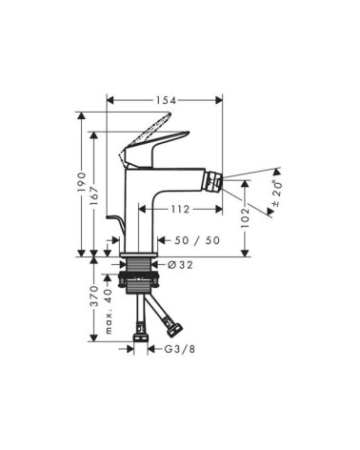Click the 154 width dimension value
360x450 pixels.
[x=166, y=100]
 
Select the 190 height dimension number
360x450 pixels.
[x=82, y=182]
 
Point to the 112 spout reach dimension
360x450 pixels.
[x=180, y=209]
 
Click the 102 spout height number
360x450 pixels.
[x=245, y=217]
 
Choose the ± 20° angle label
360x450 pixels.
[x=276, y=193]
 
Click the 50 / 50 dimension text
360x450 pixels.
[x=197, y=240]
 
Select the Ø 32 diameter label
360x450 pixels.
[x=180, y=264]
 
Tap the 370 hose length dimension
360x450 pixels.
[x=93, y=296]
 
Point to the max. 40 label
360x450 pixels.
[x=109, y=311]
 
